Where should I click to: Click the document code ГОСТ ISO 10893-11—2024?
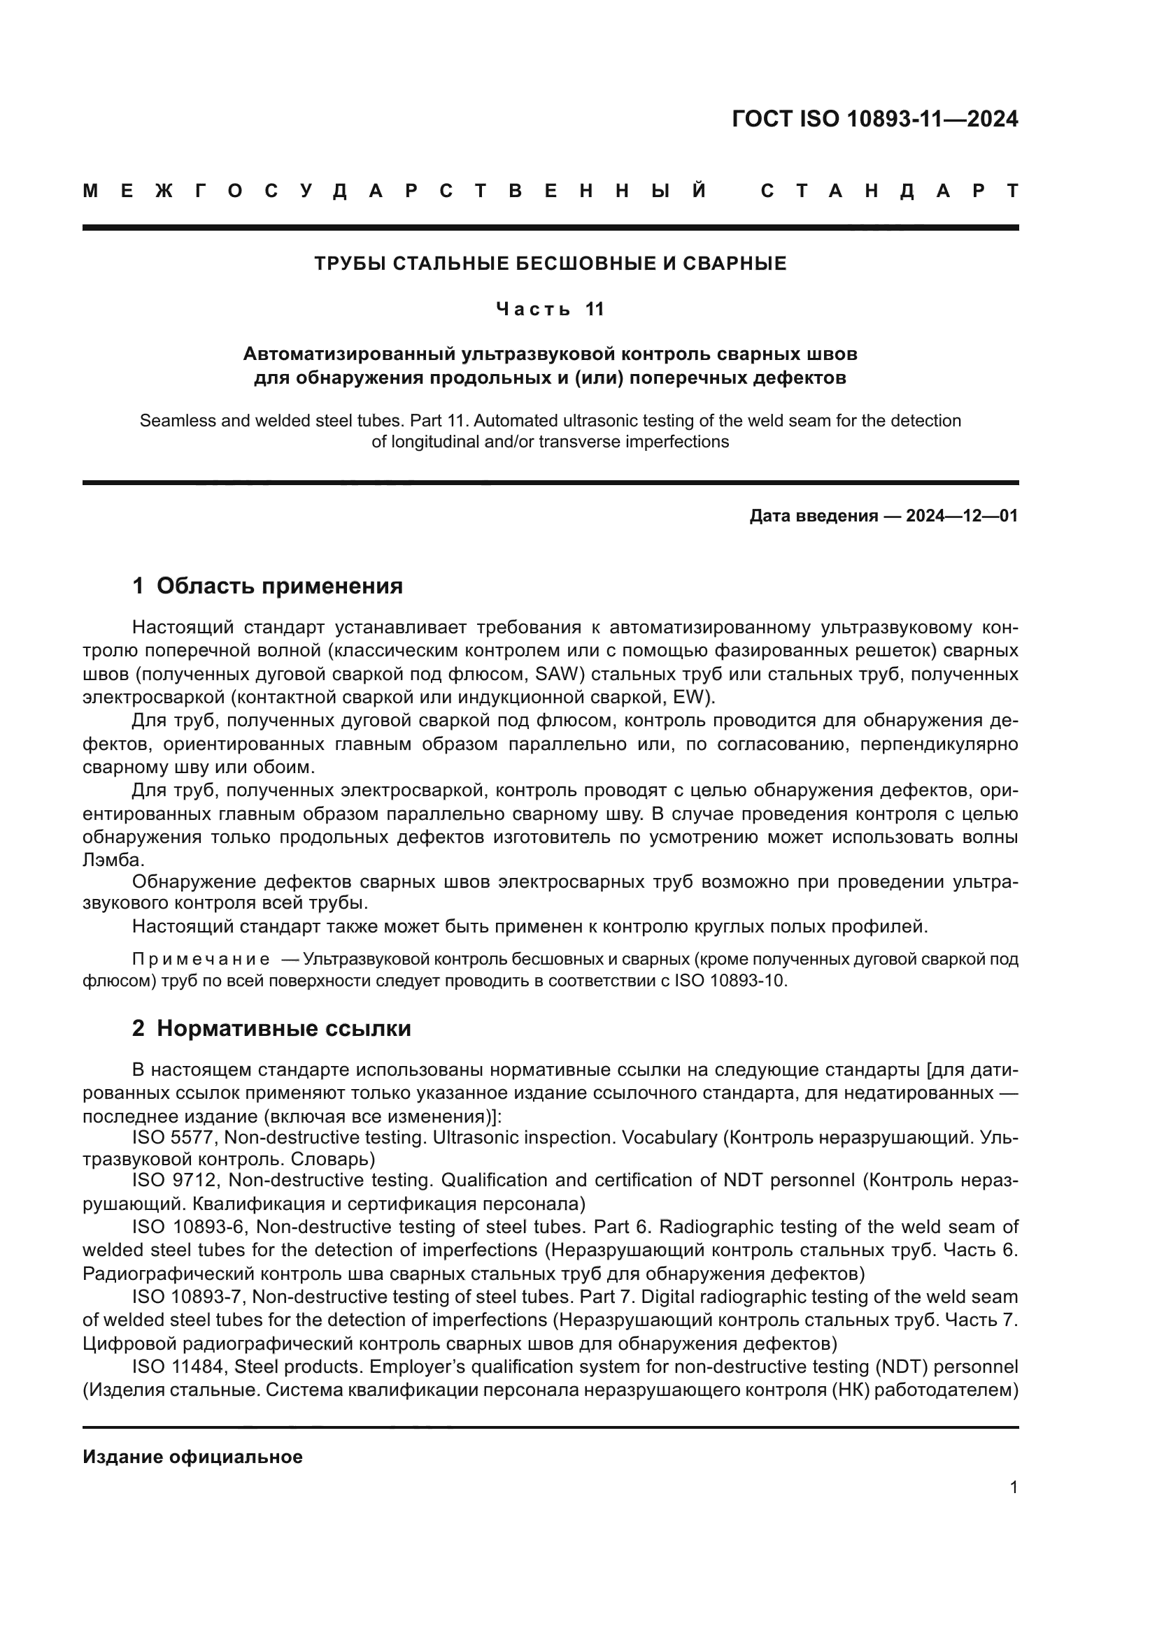point(874,119)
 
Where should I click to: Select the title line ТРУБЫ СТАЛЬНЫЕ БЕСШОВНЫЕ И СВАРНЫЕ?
point(550,264)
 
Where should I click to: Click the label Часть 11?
point(550,309)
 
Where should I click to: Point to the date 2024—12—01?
point(961,516)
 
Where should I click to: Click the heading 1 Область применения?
point(267,586)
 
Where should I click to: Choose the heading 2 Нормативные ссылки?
point(271,1029)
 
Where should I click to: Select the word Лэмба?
point(113,860)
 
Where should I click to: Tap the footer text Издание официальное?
point(192,1457)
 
